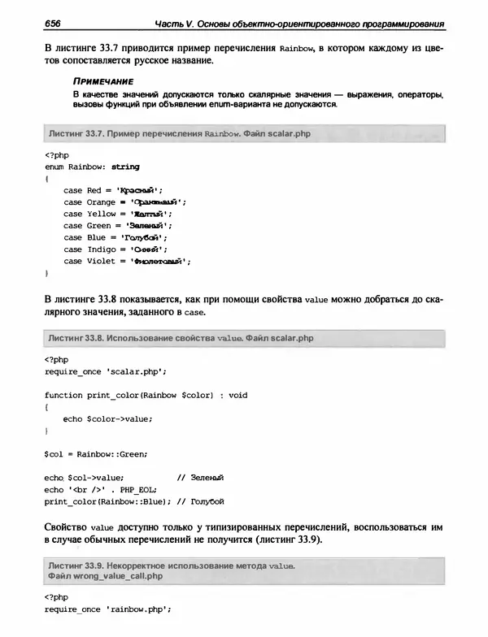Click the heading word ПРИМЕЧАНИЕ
coord(101,82)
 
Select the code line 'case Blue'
coord(117,237)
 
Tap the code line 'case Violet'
coord(127,262)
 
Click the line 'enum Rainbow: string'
coord(92,166)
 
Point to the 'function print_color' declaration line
coord(146,395)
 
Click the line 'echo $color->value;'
coord(107,418)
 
